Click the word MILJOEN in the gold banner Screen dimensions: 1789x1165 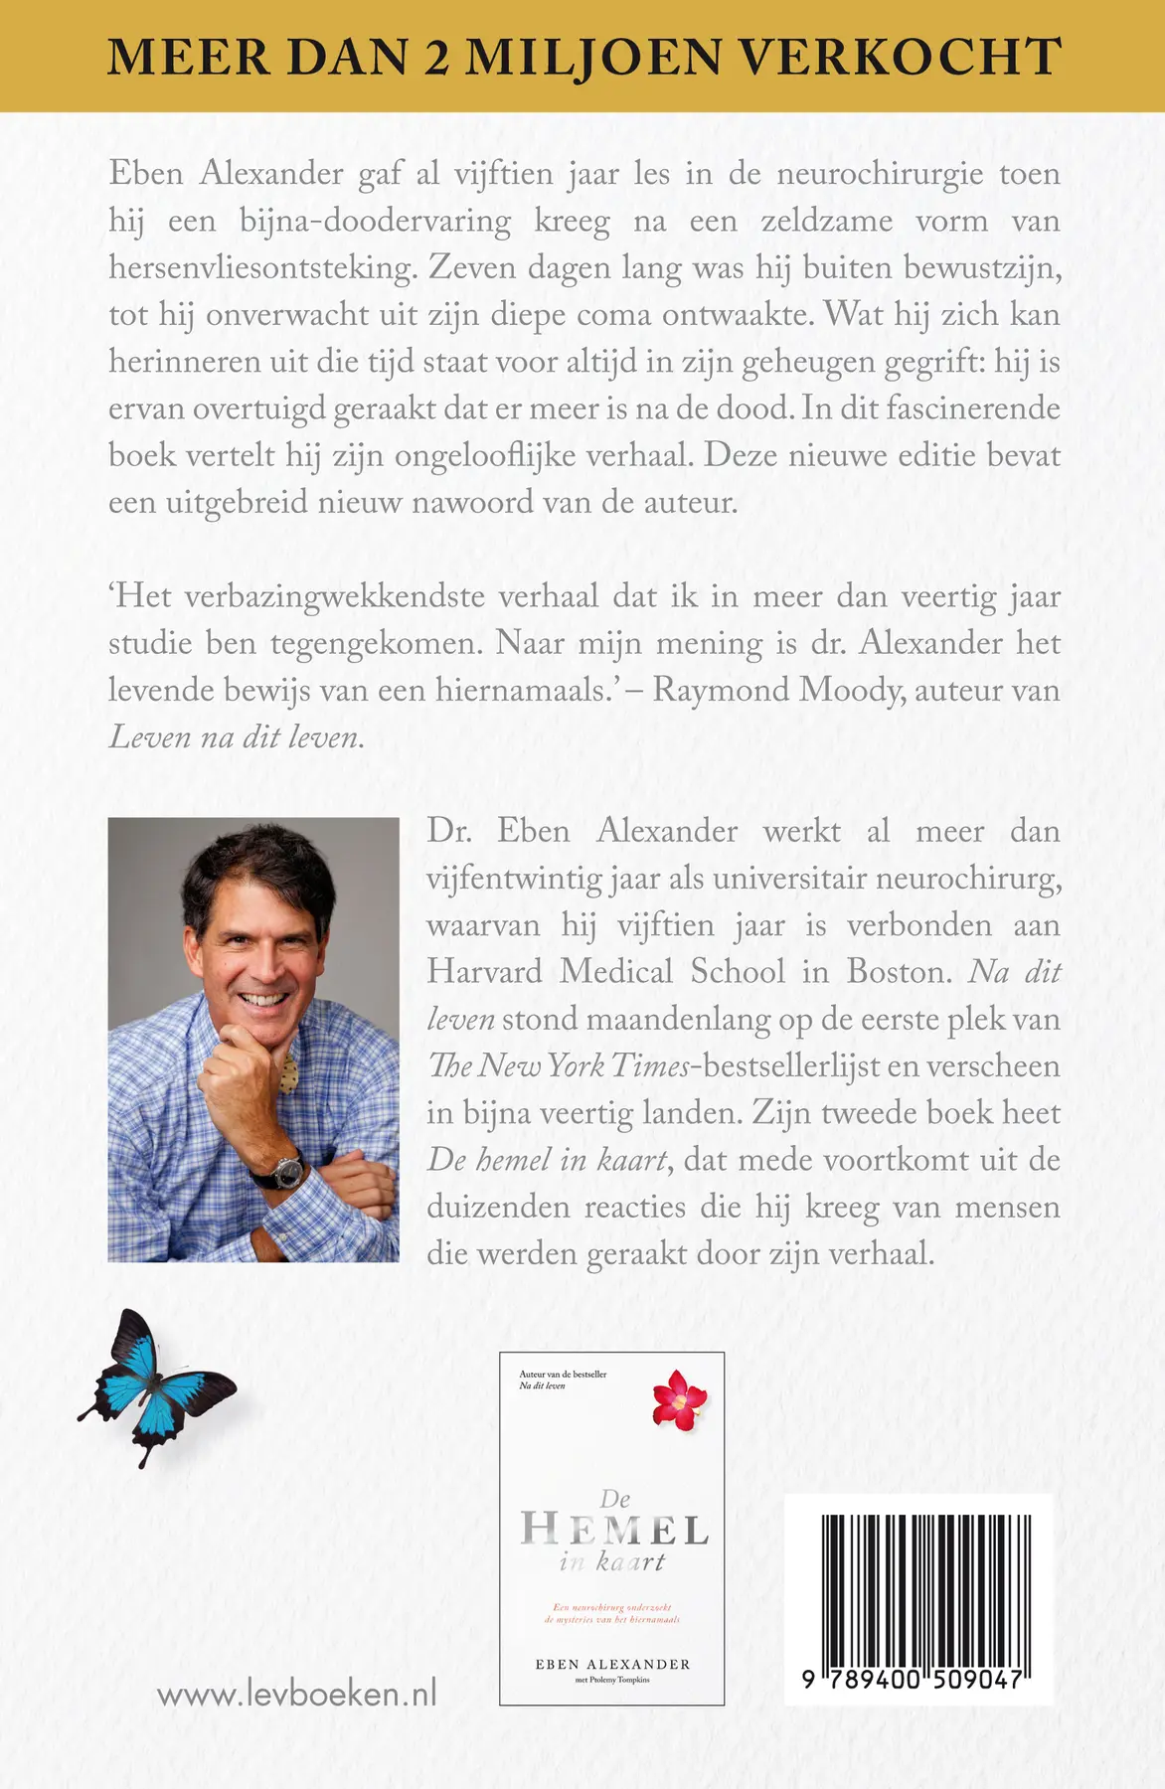coord(595,57)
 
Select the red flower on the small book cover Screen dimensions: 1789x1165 coord(679,1399)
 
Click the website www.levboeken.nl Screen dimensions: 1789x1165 coord(297,1694)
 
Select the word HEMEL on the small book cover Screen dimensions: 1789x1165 coord(614,1530)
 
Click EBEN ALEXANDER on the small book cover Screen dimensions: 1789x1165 coord(612,1664)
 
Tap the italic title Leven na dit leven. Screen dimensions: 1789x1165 coord(236,736)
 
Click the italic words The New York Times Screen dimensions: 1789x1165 coord(559,1065)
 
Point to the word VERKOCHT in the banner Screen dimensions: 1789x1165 coord(901,57)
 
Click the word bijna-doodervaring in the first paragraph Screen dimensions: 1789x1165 coord(375,221)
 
